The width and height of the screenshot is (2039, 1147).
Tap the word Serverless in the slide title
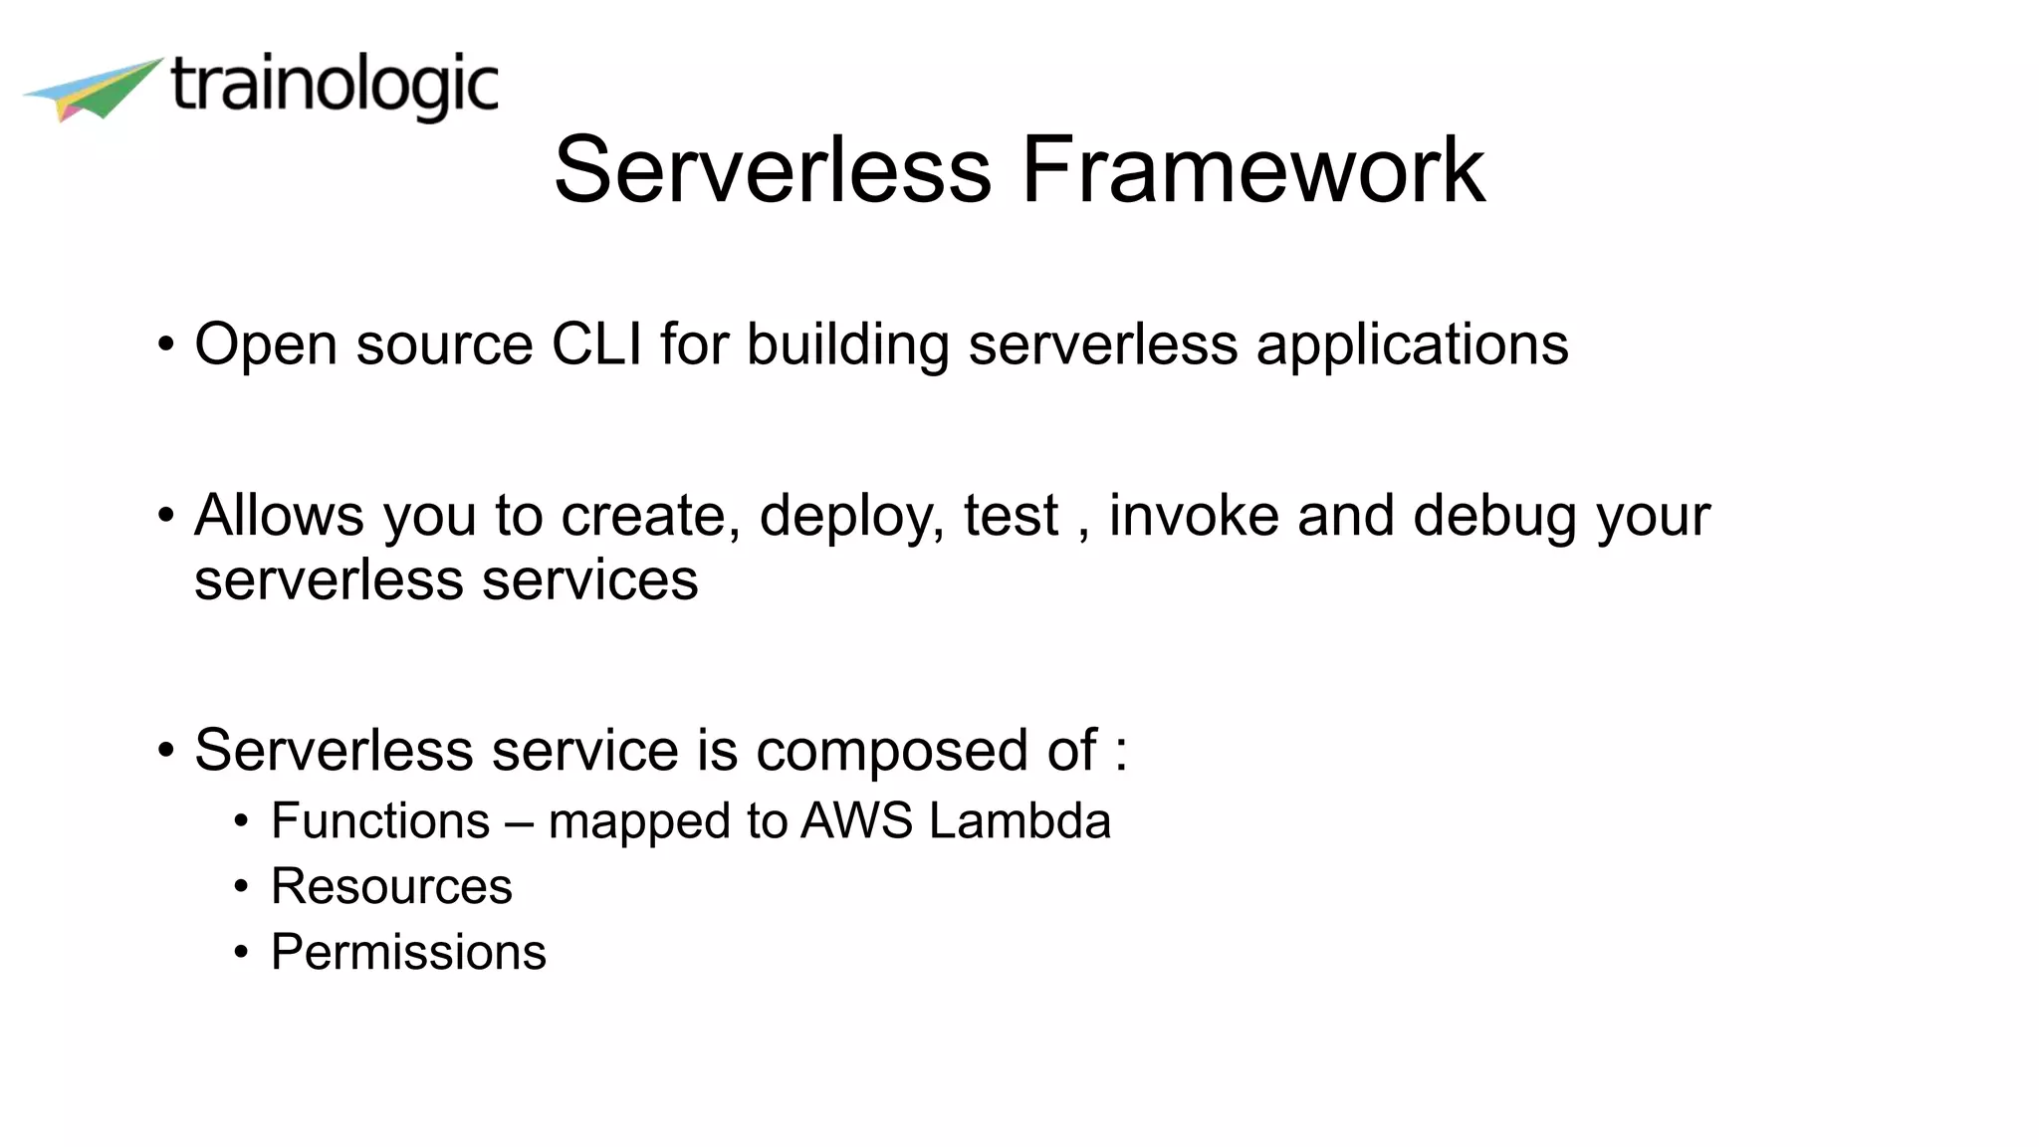[x=773, y=170]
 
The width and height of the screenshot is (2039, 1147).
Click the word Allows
[x=279, y=516]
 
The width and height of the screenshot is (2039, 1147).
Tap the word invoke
[x=1194, y=516]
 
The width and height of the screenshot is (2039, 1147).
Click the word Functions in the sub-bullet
[x=380, y=821]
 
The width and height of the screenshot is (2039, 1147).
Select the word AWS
[x=857, y=821]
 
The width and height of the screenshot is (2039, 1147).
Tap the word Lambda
[x=1019, y=821]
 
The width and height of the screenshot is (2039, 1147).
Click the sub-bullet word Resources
[x=391, y=886]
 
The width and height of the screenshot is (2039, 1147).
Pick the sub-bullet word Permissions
[x=408, y=952]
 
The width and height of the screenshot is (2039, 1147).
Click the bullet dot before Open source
[x=166, y=345]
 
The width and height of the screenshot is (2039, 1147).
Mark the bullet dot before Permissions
[x=241, y=953]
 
